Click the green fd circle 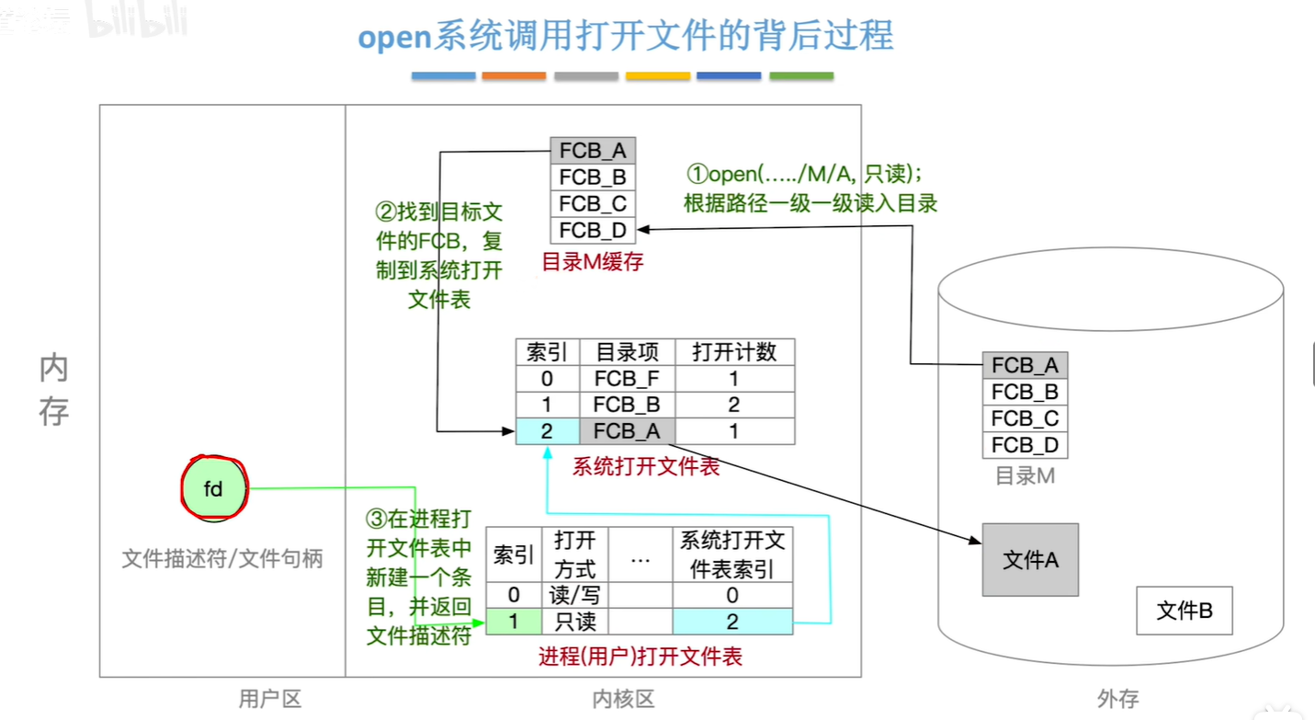(x=213, y=489)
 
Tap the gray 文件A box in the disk (x=1030, y=560)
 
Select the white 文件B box (x=1184, y=611)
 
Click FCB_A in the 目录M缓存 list (x=593, y=151)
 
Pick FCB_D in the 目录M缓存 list (x=593, y=230)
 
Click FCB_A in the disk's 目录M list (x=1025, y=366)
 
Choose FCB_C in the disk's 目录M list (x=1025, y=418)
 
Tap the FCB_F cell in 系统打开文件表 (x=627, y=379)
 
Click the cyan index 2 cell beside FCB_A (x=547, y=431)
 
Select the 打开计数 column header (x=734, y=352)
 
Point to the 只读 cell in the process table (x=575, y=622)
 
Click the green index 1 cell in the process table (x=513, y=622)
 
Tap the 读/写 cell (x=575, y=595)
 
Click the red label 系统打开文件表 (x=646, y=466)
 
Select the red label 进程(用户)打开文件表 (x=640, y=656)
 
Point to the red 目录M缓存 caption (x=593, y=261)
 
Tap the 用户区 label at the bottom (x=270, y=699)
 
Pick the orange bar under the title (x=514, y=76)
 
